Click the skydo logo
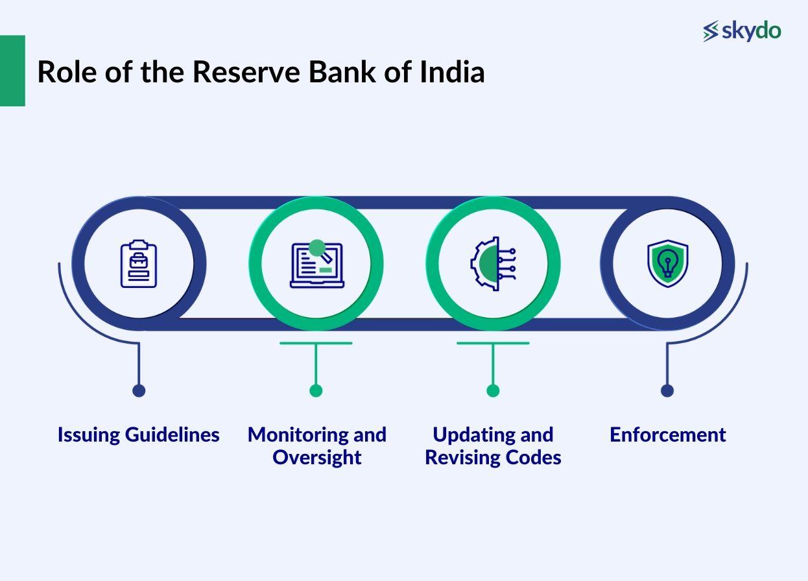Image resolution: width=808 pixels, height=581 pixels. coord(742,30)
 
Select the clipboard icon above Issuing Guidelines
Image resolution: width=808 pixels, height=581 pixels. coord(139,264)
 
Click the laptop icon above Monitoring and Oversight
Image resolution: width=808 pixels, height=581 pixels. coord(316,264)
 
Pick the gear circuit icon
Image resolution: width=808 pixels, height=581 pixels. coord(493,263)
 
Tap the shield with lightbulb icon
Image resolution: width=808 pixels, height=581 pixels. coord(667,263)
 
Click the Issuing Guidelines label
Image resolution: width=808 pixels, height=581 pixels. coord(138,434)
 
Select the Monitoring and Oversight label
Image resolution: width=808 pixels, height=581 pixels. coord(316,445)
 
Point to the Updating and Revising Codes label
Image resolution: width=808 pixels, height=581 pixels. coord(493,445)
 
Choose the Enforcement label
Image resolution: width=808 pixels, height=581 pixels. coord(667,434)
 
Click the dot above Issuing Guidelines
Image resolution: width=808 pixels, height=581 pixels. coord(139,390)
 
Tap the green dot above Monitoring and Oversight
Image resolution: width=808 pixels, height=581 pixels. coord(316,390)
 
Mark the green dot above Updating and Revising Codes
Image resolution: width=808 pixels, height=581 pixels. coord(493,390)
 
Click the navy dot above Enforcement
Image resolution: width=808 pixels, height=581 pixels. coord(667,390)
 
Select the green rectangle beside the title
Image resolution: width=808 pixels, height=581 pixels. coord(12,71)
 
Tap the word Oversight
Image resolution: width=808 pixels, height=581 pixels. coord(316,457)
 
